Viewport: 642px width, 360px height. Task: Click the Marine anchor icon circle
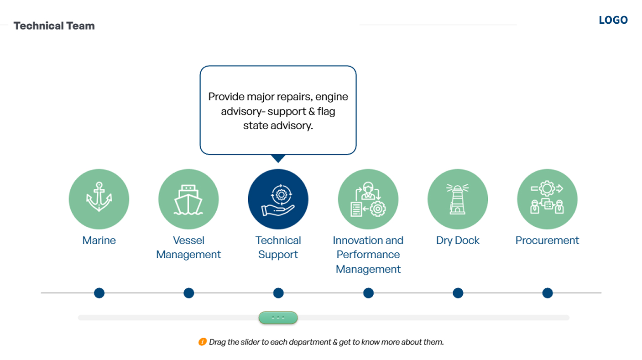99,199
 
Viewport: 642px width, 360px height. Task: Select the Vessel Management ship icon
188,199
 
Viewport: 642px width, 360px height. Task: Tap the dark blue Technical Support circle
278,199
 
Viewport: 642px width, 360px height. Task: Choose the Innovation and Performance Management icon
368,199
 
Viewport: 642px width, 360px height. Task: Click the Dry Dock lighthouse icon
458,199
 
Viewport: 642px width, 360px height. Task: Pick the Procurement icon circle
547,199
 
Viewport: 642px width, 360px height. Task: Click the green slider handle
278,318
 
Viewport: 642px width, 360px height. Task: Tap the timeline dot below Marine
99,293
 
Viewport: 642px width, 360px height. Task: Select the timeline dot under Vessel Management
188,293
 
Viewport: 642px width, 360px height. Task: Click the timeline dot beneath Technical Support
278,293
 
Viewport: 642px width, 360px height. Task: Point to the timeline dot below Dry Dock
458,293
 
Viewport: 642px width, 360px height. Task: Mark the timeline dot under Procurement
548,293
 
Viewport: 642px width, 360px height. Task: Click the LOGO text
613,20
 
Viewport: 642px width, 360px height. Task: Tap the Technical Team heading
54,26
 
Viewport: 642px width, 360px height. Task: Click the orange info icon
202,342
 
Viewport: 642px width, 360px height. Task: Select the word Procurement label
547,240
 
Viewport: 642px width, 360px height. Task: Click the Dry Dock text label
458,240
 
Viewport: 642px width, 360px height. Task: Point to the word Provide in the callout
226,97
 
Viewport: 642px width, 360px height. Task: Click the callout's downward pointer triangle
278,158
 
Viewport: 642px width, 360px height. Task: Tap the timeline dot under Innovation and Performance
368,293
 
